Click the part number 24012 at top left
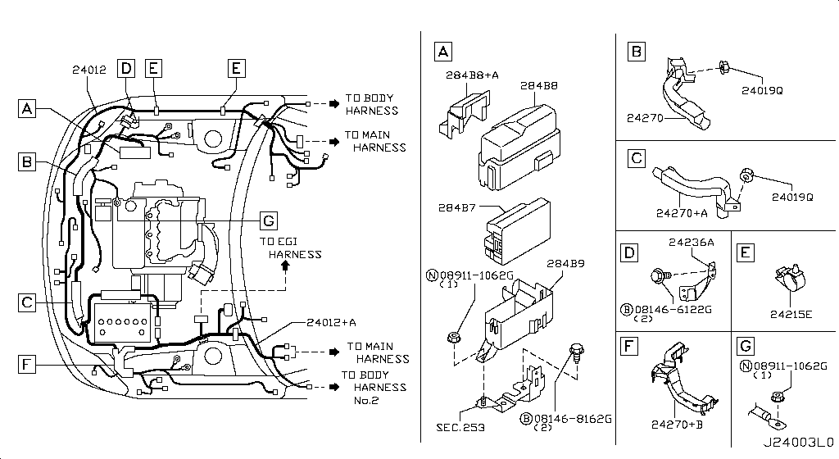[89, 70]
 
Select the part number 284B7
[456, 207]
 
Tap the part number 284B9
[565, 263]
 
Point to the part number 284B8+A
[472, 75]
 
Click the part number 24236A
[691, 242]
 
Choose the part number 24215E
[791, 314]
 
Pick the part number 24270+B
[677, 425]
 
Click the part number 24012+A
[331, 322]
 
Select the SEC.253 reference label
[460, 427]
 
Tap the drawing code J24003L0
[798, 442]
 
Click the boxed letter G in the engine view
[269, 220]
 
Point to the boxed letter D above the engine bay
[126, 69]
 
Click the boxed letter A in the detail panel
[443, 52]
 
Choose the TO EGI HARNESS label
[291, 248]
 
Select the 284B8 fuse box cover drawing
[519, 147]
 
